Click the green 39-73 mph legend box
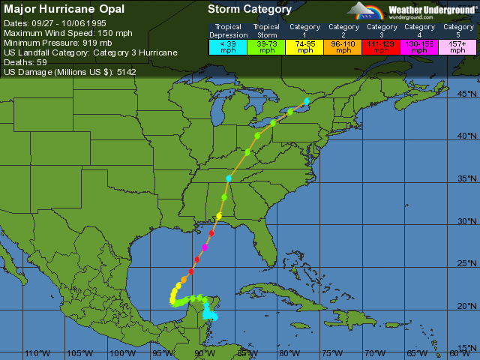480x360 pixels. [265, 46]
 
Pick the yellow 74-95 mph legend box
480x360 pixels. [304, 46]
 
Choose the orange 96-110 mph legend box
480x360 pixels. [343, 46]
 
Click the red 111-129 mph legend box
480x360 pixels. [382, 46]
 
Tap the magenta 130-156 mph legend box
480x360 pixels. [418, 46]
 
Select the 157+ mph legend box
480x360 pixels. [456, 46]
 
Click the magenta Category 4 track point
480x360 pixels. [205, 247]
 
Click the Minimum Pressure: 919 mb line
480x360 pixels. [57, 43]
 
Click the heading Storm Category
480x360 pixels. [250, 10]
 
